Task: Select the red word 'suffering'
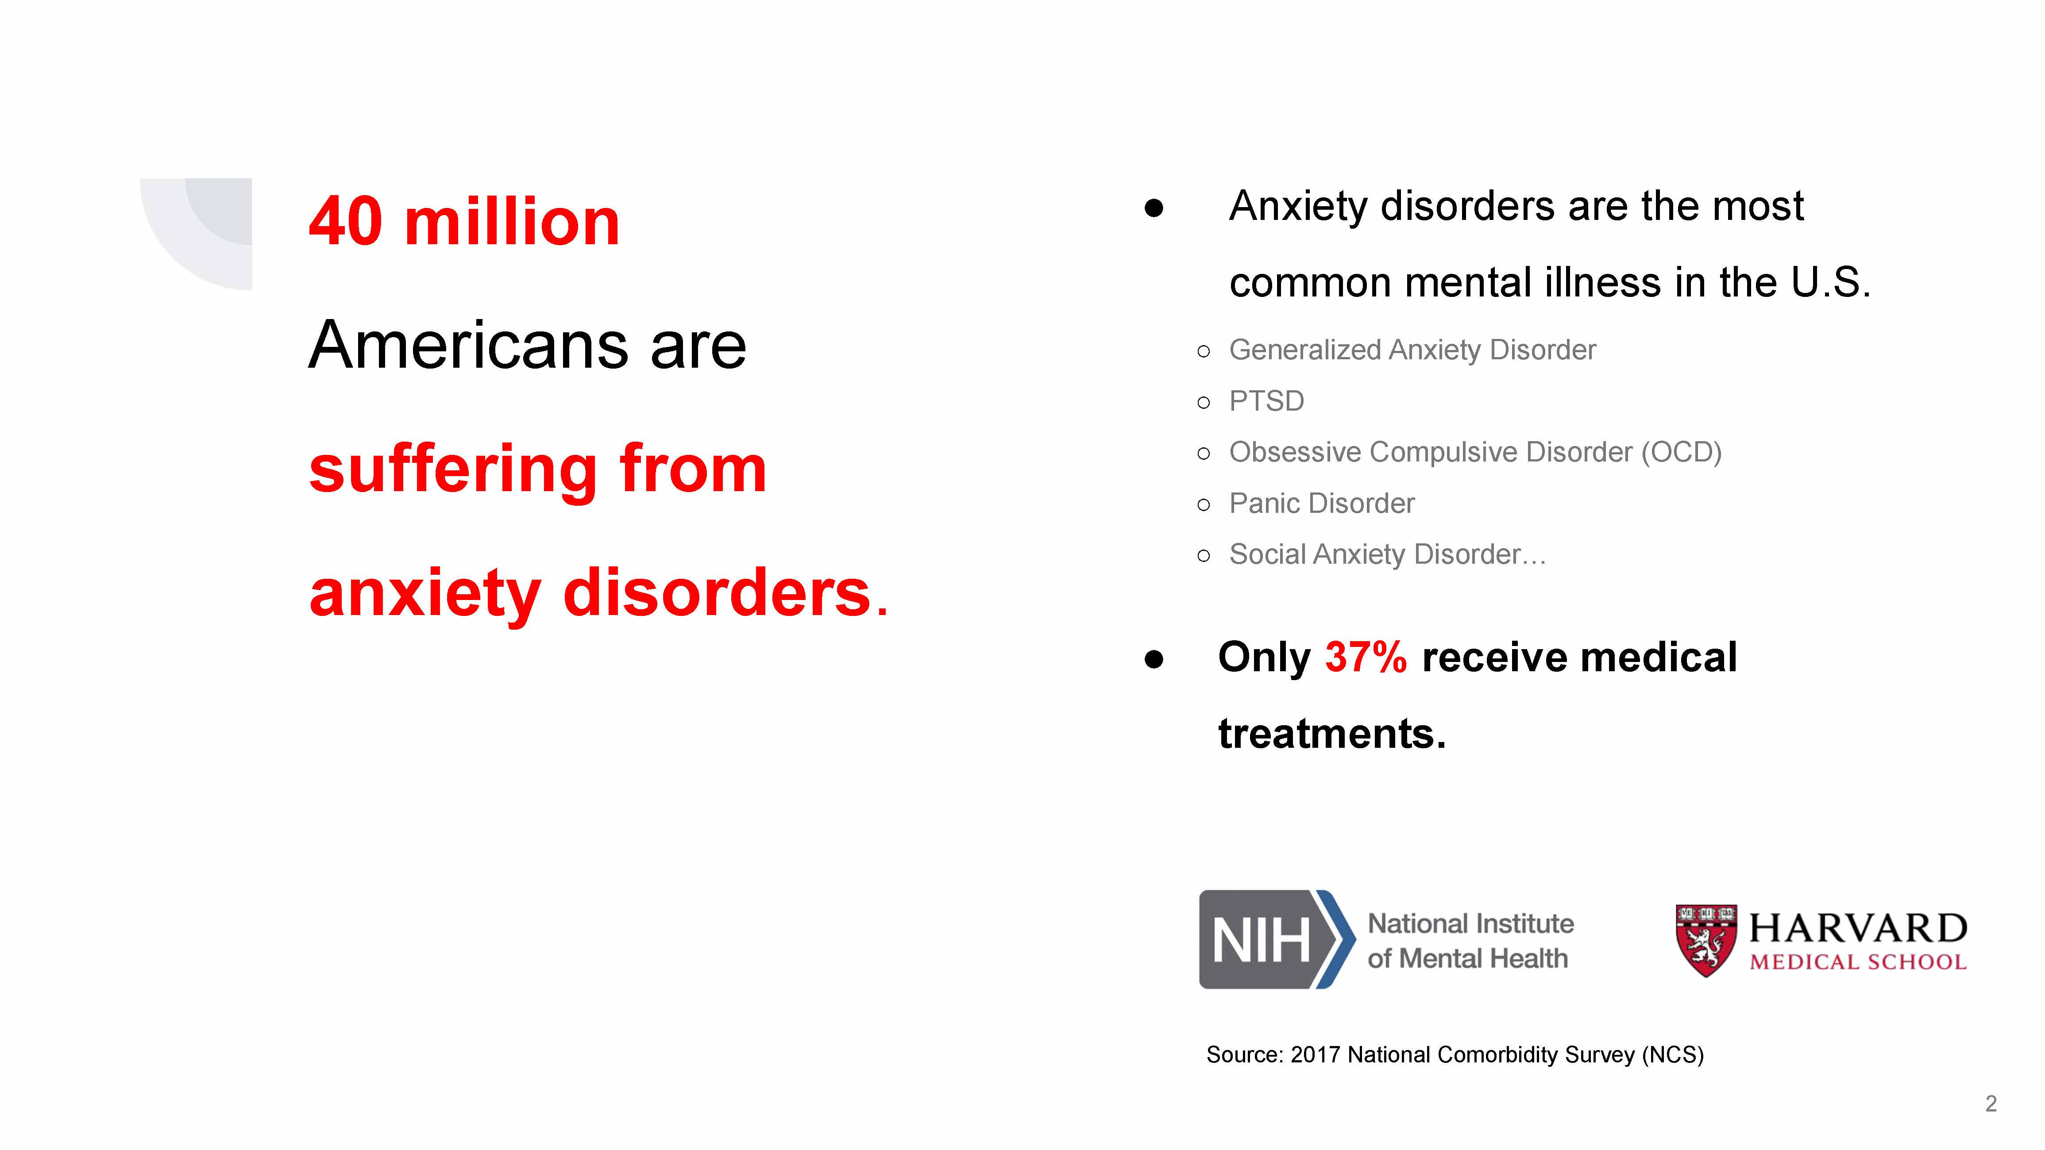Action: click(452, 470)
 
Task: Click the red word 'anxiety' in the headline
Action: click(425, 594)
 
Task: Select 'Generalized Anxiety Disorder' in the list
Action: click(1412, 350)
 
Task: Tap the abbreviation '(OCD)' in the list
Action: click(1681, 452)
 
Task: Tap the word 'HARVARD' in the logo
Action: click(1858, 928)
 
